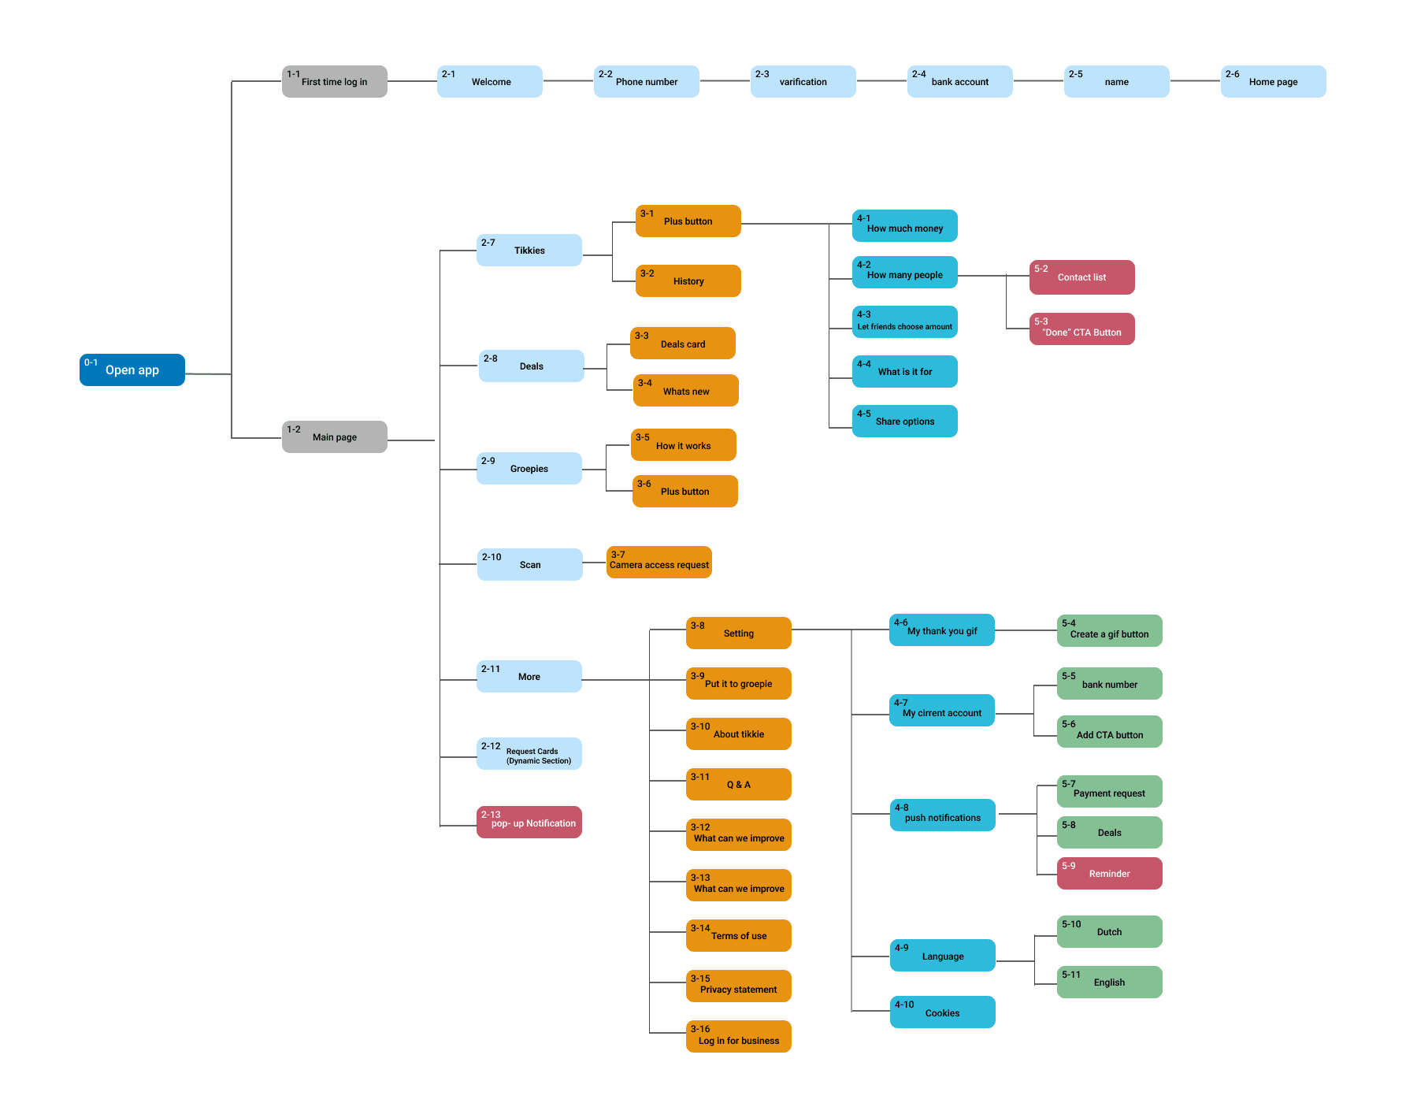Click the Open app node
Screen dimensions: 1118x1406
(132, 370)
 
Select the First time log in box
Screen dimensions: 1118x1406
(334, 81)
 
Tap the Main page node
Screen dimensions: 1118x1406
(334, 436)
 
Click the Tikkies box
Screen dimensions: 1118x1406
(529, 250)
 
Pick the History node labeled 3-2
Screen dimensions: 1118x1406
(688, 280)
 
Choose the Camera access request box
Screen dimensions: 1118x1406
(658, 563)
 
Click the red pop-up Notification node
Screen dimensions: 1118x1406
(529, 822)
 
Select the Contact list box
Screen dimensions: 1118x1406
(1081, 277)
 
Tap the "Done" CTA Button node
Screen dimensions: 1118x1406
(1081, 329)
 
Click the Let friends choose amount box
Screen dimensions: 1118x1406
(904, 321)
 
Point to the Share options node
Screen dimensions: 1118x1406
(904, 421)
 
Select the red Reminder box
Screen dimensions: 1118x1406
(1109, 873)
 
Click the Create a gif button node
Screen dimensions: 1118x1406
(1109, 630)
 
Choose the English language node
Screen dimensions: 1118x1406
(1109, 982)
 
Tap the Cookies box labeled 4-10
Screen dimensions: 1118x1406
(942, 1012)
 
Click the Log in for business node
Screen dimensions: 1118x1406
(738, 1037)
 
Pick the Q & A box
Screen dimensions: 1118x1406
(738, 784)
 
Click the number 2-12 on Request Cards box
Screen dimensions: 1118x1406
(491, 746)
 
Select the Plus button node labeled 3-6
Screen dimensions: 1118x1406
(684, 491)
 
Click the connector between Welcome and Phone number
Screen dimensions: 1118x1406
(568, 80)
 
